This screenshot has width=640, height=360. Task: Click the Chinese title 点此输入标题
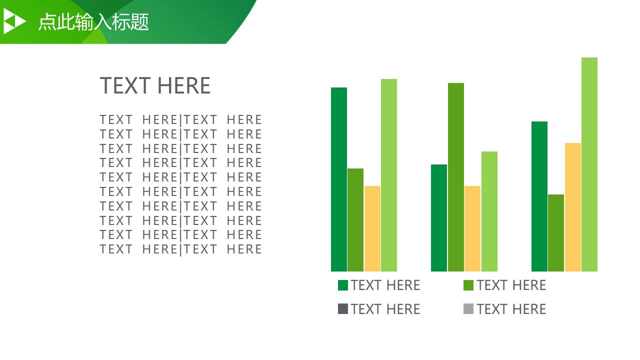coord(93,21)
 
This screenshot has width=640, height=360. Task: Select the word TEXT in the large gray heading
coord(125,85)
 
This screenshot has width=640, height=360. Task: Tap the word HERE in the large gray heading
coord(184,85)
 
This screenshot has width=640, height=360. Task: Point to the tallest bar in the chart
coord(589,164)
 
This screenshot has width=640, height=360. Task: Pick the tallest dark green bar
coord(339,179)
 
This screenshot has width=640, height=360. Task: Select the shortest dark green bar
coord(439,218)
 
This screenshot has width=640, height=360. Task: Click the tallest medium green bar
coord(456,177)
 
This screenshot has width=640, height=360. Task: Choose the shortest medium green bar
coord(556,233)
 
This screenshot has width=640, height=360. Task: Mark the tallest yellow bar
coord(573,207)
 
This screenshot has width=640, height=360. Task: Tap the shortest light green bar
coord(489,211)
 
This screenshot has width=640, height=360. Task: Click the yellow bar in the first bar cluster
coord(372,228)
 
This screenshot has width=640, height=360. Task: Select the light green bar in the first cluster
coord(389,175)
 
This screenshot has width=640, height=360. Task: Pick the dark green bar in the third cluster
coord(539,196)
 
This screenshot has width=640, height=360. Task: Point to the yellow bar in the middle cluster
coord(472,228)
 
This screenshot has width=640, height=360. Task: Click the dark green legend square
coord(343,285)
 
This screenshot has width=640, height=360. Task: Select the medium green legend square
coord(468,285)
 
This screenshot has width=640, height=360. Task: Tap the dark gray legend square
coord(343,309)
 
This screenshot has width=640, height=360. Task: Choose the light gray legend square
coord(468,309)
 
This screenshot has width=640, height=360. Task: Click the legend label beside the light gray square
coord(511,309)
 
